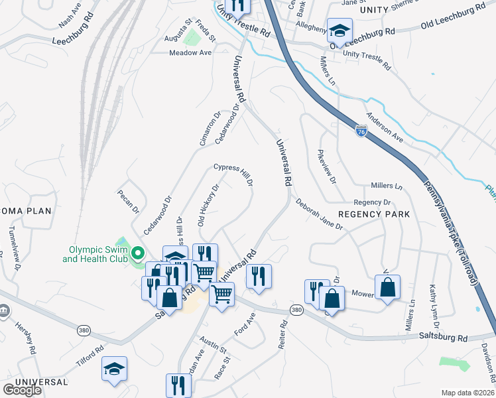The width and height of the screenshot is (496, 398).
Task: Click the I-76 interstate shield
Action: tap(361, 131)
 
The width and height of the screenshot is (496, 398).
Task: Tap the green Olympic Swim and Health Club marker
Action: tap(138, 253)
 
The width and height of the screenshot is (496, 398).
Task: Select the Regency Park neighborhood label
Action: tap(374, 214)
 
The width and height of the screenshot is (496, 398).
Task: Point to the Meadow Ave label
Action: tap(190, 52)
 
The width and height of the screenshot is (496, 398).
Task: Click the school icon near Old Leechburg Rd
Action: tap(340, 31)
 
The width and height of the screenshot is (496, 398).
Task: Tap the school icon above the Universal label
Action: tap(114, 369)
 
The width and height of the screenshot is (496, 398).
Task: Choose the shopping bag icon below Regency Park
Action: tap(388, 287)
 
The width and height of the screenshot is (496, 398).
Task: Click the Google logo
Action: tap(22, 390)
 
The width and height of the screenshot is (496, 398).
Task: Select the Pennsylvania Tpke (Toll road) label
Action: tap(450, 233)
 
